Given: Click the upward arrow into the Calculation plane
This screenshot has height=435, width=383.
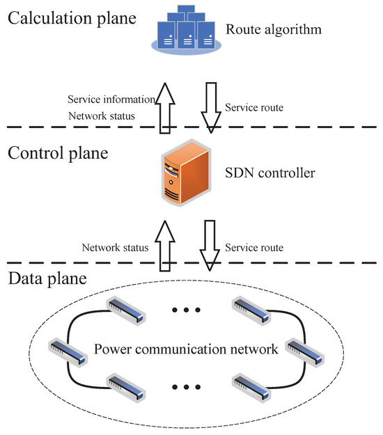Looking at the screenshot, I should pos(164,106).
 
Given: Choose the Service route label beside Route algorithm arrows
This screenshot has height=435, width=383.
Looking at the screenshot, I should pos(253,108).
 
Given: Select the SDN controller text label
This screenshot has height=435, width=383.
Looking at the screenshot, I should pos(271,171).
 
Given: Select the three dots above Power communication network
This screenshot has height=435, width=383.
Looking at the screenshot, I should pos(185,310).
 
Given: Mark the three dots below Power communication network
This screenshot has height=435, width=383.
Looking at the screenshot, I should pos(185,387).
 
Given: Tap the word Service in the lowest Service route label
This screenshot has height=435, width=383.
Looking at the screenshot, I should pos(240,247).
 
